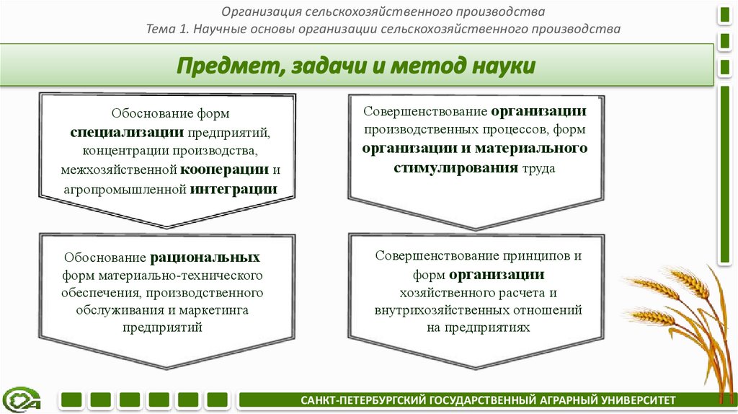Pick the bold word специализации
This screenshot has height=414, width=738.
[x=128, y=133]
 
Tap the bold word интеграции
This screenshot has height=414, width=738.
[x=234, y=189]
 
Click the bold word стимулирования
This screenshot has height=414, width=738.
[x=454, y=167]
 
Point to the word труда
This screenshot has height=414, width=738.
[x=538, y=167]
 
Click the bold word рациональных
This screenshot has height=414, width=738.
[x=205, y=257]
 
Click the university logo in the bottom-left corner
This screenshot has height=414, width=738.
[x=21, y=398]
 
